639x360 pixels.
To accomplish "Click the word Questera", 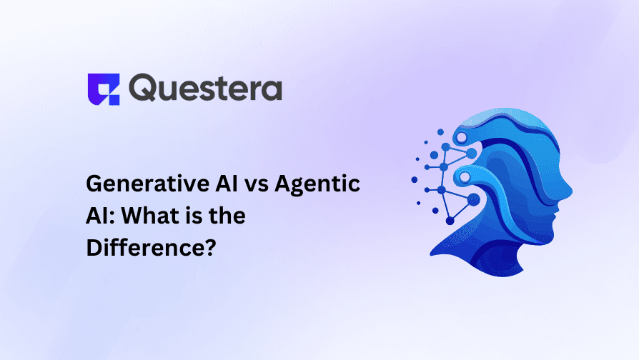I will (x=207, y=89).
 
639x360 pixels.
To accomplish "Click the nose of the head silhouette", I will (x=568, y=191).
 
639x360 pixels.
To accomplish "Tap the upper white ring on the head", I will (x=461, y=136).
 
